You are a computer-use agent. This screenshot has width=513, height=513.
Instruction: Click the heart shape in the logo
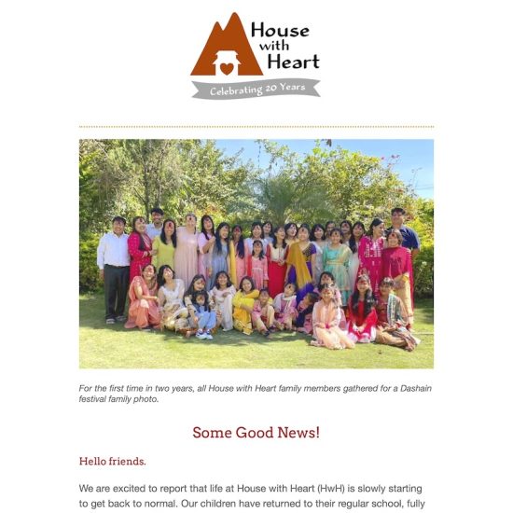pyautogui.click(x=227, y=68)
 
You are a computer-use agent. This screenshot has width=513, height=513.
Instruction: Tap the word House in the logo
pyautogui.click(x=280, y=30)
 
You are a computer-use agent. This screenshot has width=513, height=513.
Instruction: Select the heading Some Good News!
pyautogui.click(x=256, y=432)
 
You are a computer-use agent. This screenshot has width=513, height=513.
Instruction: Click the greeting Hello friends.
pyautogui.click(x=112, y=461)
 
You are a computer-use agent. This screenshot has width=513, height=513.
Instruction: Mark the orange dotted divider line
pyautogui.click(x=256, y=126)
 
